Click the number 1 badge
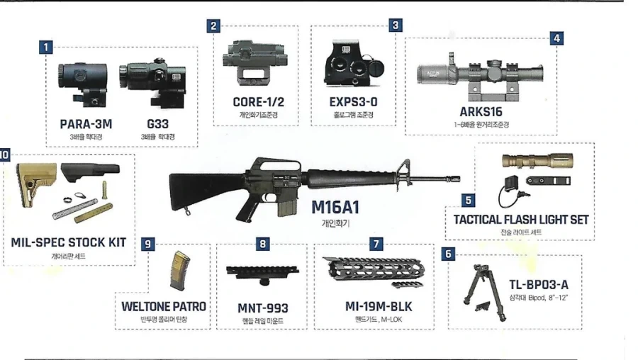coord(46,47)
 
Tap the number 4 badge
coord(556,39)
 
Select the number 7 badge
coord(376,244)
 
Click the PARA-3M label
coord(86,124)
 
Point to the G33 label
coord(158,124)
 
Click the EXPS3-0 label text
coord(353,102)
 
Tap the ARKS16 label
coord(481,112)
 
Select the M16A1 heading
coord(336,208)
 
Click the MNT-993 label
coord(263,308)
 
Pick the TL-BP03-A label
coord(539,285)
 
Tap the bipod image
coord(484,292)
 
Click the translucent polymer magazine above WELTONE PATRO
coord(179,270)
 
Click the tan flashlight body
coord(537,160)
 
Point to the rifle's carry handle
coord(277,164)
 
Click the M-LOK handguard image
coord(374,271)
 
